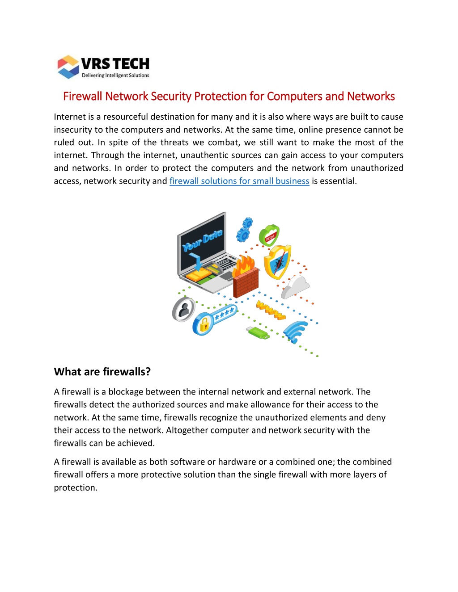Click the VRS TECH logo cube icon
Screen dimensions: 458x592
(x=68, y=67)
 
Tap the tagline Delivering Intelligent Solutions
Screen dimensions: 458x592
(x=115, y=76)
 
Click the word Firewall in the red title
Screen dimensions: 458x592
(x=83, y=96)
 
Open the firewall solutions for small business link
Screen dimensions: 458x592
(x=239, y=181)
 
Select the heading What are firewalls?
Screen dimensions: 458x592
(x=102, y=372)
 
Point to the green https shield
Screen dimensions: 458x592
(x=269, y=235)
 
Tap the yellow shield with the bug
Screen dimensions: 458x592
(x=277, y=262)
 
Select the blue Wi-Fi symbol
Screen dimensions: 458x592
(x=296, y=332)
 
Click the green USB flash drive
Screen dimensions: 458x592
(x=258, y=333)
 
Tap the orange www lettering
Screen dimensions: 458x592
(x=271, y=310)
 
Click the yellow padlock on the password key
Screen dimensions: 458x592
(x=204, y=325)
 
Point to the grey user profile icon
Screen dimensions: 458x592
(x=184, y=309)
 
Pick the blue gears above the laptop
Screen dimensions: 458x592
(x=244, y=229)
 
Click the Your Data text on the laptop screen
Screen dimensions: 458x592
(x=202, y=240)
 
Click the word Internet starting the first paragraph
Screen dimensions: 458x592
(x=70, y=117)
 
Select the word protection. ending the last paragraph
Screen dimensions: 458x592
(x=76, y=487)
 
